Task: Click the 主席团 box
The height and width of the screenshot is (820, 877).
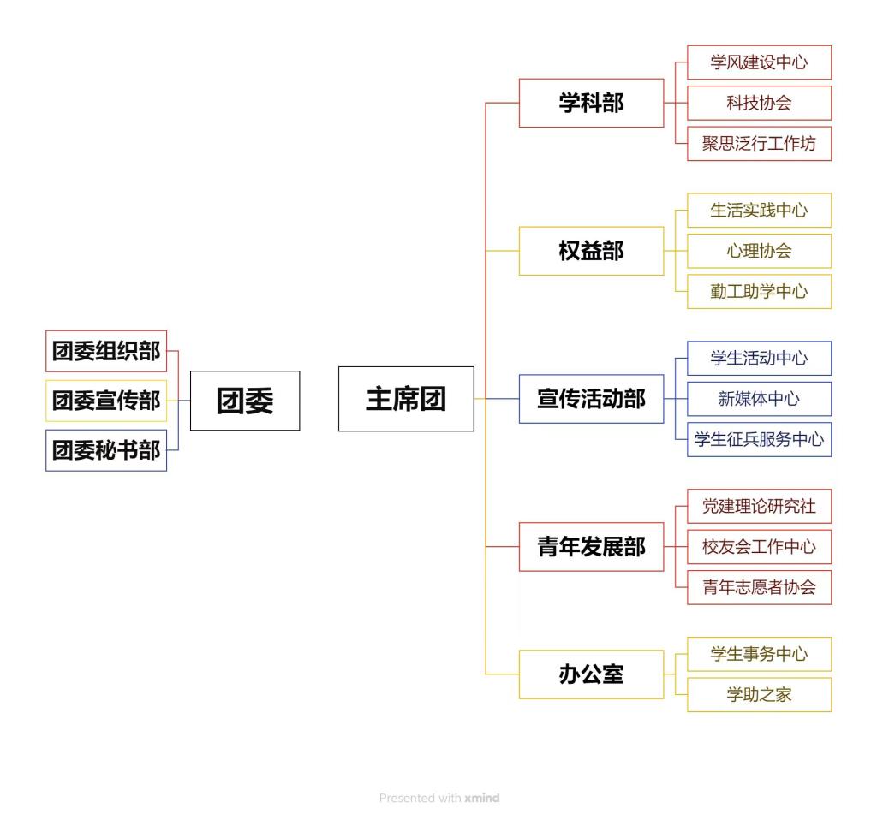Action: click(406, 399)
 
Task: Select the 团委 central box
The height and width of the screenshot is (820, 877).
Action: click(245, 401)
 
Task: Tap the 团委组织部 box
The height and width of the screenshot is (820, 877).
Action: click(106, 351)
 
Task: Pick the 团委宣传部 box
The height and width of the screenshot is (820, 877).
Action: click(106, 401)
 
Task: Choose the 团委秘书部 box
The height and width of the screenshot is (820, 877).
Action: click(106, 450)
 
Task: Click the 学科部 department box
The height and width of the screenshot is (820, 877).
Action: click(591, 103)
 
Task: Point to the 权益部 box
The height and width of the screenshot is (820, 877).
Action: click(591, 251)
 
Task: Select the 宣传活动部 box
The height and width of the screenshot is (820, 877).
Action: click(591, 399)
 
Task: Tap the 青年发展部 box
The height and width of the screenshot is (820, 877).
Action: click(591, 547)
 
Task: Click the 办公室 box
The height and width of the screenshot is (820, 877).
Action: click(591, 674)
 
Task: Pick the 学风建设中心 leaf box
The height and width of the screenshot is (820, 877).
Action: click(759, 62)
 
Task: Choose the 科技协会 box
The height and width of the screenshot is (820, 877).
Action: click(759, 103)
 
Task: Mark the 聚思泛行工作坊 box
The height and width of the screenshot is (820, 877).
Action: click(759, 144)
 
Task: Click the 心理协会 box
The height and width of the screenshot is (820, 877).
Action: click(759, 251)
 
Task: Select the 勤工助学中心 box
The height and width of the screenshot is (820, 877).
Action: click(759, 291)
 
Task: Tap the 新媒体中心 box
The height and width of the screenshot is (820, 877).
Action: click(759, 399)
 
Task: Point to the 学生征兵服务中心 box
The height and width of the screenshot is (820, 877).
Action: click(759, 439)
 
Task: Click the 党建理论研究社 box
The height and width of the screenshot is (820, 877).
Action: click(759, 506)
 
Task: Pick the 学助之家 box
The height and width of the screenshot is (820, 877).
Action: click(759, 695)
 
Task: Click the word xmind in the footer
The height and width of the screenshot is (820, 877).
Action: click(482, 799)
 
